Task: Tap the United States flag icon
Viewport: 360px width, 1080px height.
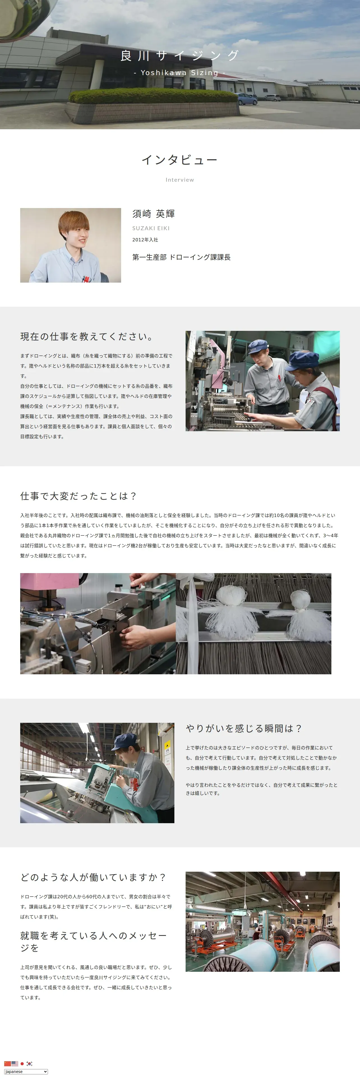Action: pos(15,1063)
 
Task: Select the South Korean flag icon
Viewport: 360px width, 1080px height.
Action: pos(29,1063)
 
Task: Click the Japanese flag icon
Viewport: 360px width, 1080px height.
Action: pos(22,1063)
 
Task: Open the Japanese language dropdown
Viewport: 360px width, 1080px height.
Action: pos(26,1071)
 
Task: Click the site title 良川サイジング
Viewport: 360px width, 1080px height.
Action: pos(180,55)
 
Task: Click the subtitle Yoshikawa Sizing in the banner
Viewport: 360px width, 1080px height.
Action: pos(180,73)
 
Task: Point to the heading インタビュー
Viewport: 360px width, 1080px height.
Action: pos(180,160)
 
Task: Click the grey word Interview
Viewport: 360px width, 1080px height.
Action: pos(180,180)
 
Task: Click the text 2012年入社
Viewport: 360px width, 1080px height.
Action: pos(145,240)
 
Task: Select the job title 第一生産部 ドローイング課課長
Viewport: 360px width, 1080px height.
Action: pos(181,257)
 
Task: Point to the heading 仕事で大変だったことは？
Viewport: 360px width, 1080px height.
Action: pos(79,496)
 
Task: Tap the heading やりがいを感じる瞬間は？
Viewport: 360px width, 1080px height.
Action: pos(244,728)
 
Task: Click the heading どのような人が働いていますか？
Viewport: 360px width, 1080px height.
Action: pos(93,877)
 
